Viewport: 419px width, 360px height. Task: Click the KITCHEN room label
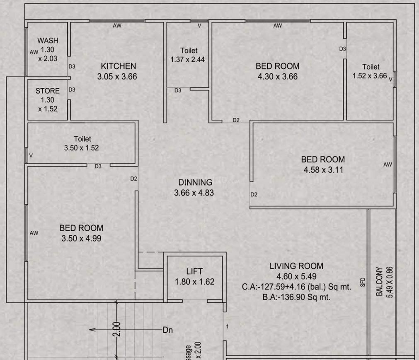click(x=118, y=66)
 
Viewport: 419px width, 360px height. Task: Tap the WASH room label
click(x=48, y=41)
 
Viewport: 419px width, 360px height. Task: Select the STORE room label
click(x=47, y=91)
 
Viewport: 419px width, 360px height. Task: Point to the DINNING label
click(x=195, y=182)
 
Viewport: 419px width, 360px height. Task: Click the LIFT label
click(x=194, y=272)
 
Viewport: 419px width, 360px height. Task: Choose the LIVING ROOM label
click(x=296, y=266)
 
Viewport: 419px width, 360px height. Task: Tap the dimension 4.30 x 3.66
click(x=277, y=77)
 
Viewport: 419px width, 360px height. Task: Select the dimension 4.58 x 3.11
click(x=323, y=170)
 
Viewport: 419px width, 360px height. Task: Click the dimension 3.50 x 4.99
click(x=81, y=238)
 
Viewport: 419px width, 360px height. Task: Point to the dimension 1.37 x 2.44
click(x=187, y=60)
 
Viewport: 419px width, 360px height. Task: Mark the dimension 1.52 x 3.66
click(x=370, y=76)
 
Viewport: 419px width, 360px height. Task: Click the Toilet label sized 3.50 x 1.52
click(x=82, y=139)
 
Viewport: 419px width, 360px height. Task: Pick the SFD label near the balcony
click(x=363, y=282)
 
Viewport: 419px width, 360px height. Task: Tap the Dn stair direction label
click(x=167, y=330)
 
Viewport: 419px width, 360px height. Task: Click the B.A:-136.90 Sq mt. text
click(x=296, y=297)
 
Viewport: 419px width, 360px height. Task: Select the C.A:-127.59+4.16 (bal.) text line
click(x=296, y=287)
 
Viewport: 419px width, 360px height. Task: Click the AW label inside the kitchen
click(x=117, y=26)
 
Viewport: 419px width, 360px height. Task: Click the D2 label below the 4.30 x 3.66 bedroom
click(x=236, y=120)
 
